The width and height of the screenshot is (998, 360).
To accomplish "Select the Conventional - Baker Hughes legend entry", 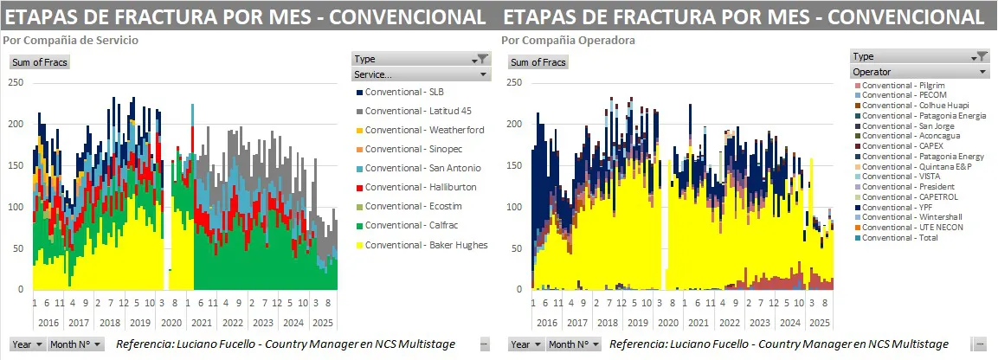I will (x=426, y=245).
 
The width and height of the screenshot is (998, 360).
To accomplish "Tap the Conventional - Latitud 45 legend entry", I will (x=418, y=111).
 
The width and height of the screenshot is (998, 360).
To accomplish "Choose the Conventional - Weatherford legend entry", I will (x=424, y=130).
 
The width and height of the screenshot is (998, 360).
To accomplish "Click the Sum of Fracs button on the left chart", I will (x=40, y=62).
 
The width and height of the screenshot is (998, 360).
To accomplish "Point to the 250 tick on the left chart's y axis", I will (x=15, y=82).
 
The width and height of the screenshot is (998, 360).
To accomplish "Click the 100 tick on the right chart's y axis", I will (x=513, y=207).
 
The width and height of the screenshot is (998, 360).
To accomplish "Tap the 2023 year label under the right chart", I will (x=759, y=321).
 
